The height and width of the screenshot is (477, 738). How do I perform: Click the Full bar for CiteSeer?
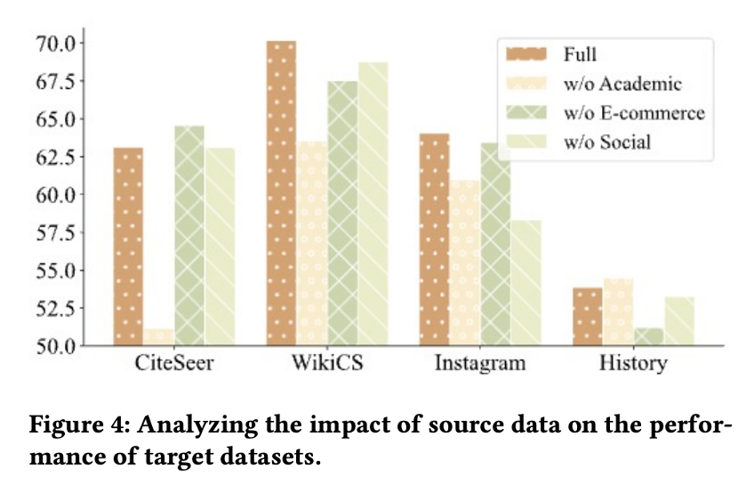pyautogui.click(x=128, y=247)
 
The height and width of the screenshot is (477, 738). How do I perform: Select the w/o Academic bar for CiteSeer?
pyautogui.click(x=159, y=337)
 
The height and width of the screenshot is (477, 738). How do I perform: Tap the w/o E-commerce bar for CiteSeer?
pyautogui.click(x=189, y=236)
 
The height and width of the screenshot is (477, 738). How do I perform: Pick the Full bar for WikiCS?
pyautogui.click(x=281, y=193)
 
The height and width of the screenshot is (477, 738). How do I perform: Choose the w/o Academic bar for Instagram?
pyautogui.click(x=465, y=263)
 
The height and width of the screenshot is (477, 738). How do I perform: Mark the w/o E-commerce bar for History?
pyautogui.click(x=648, y=336)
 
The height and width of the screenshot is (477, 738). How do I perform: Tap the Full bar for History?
pyautogui.click(x=587, y=317)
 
